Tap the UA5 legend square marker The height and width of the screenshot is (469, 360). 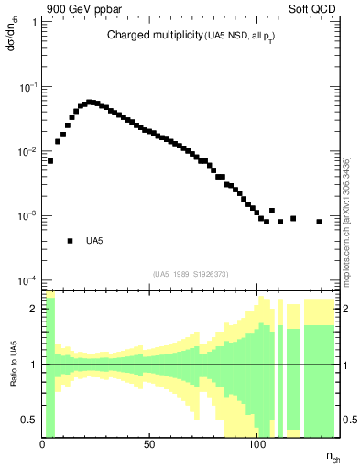pyautogui.click(x=70, y=241)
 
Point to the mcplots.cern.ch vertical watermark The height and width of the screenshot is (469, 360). pyautogui.click(x=345, y=220)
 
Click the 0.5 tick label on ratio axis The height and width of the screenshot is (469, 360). pyautogui.click(x=30, y=420)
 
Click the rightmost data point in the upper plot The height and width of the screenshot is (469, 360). pyautogui.click(x=319, y=222)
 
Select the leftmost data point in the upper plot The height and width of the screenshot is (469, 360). pyautogui.click(x=50, y=160)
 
